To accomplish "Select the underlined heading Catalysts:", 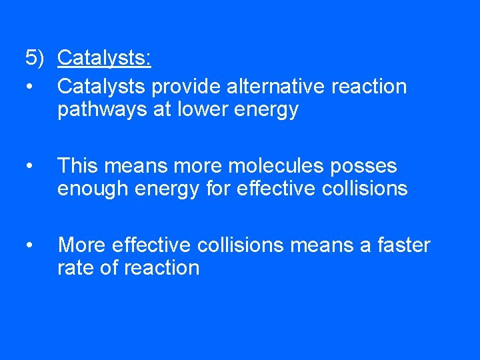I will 104,59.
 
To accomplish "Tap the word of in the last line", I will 112,268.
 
